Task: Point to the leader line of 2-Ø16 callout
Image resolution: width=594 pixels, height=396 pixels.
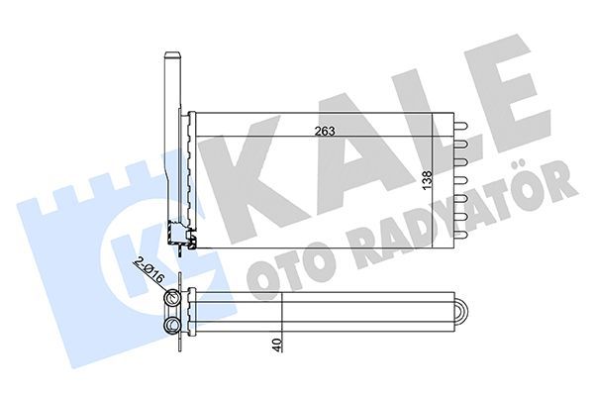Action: point(160,283)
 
